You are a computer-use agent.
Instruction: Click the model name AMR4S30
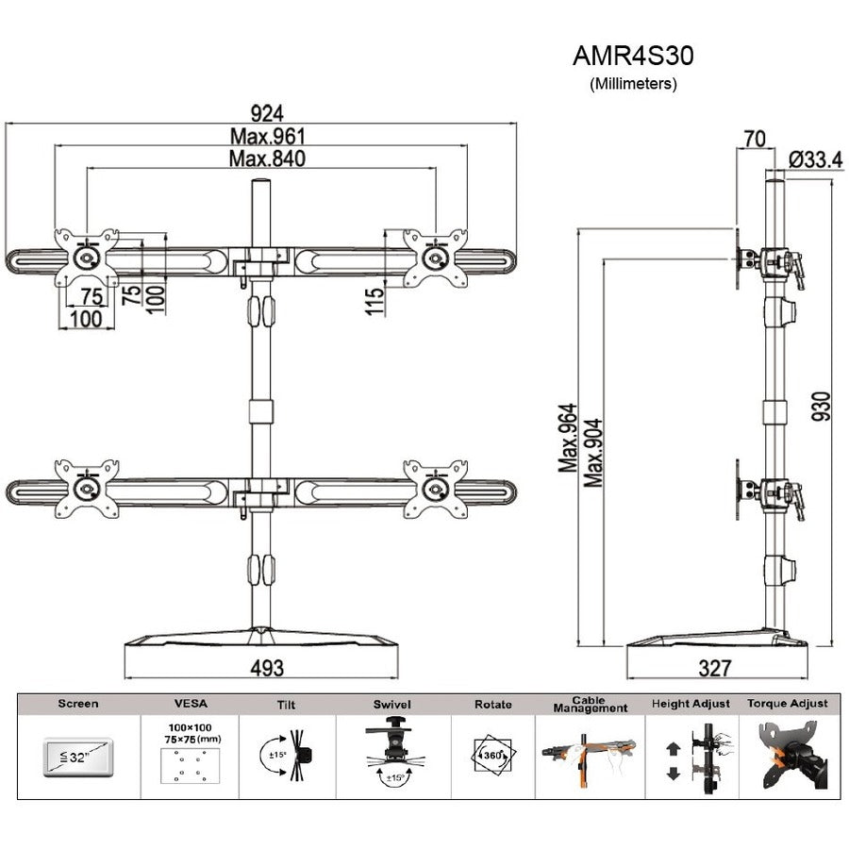(x=633, y=56)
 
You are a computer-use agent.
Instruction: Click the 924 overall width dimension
(x=267, y=114)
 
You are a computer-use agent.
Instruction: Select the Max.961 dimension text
(x=267, y=137)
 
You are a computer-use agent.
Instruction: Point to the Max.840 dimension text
(x=267, y=158)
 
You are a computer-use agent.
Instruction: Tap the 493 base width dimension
(x=267, y=668)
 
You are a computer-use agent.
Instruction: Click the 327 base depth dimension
(x=716, y=668)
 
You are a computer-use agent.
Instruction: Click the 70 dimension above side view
(x=753, y=139)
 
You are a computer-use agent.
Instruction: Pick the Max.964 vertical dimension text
(x=567, y=438)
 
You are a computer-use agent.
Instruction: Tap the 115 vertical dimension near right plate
(x=375, y=301)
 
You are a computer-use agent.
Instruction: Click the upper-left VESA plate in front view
(x=87, y=257)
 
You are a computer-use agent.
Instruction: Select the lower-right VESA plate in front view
(x=436, y=489)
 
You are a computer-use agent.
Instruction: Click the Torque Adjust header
(x=787, y=704)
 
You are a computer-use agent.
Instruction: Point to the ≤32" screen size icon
(x=79, y=756)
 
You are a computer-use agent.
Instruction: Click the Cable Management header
(x=591, y=705)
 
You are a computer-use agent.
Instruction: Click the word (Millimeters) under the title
(x=633, y=83)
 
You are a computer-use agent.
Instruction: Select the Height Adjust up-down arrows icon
(x=673, y=758)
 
